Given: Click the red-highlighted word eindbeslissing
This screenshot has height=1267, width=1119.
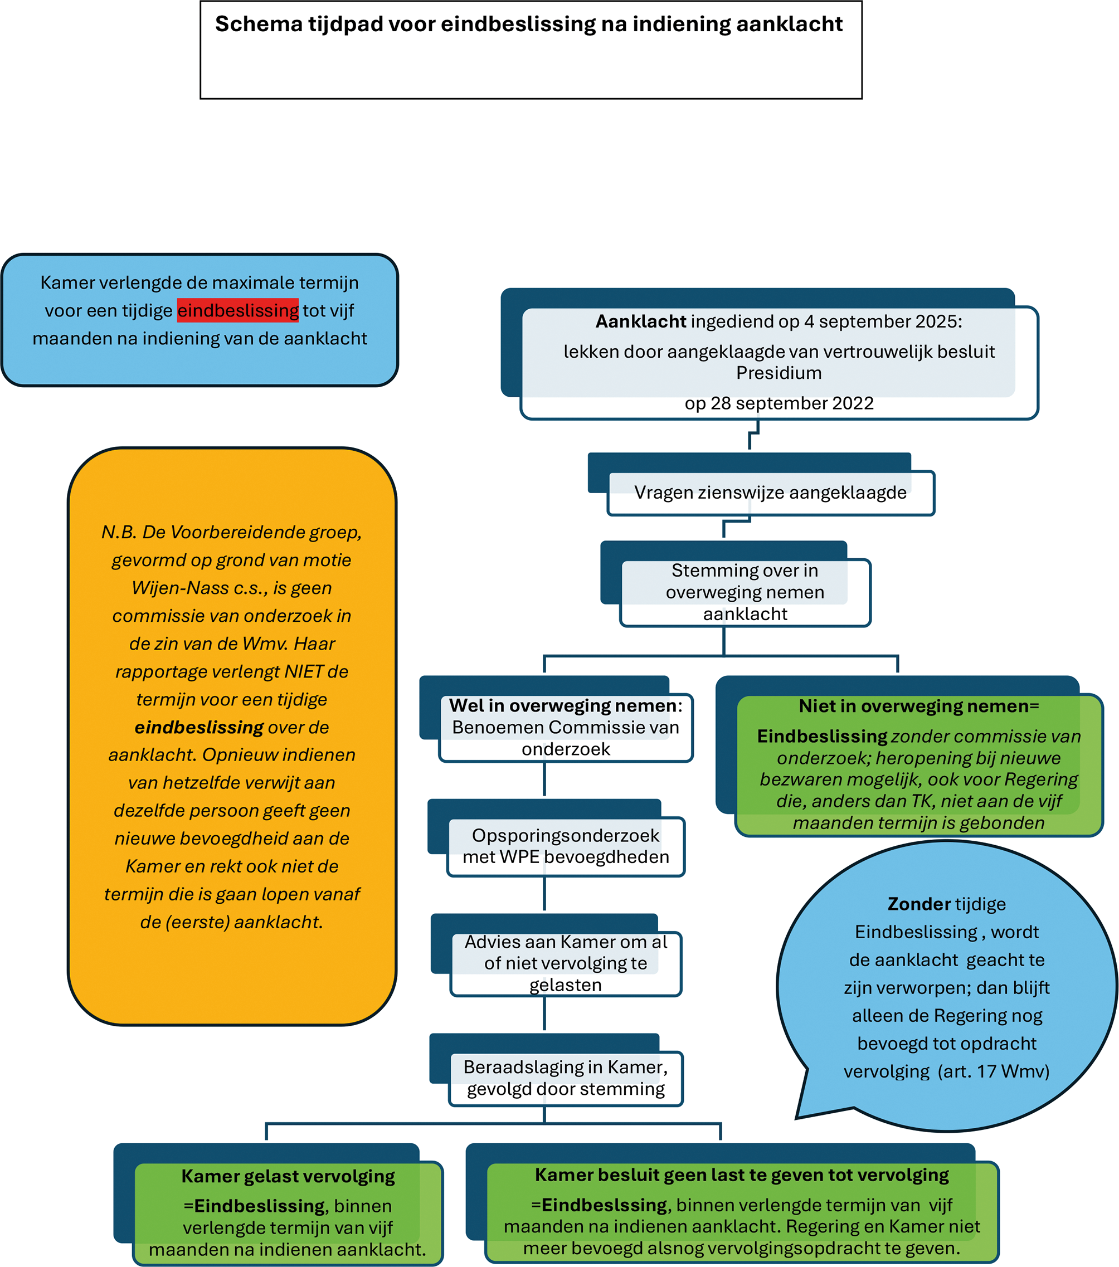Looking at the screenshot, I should [x=237, y=310].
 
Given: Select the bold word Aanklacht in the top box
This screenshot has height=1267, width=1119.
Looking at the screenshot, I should [x=640, y=321].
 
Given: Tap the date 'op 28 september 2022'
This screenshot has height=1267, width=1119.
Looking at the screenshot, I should [x=779, y=403].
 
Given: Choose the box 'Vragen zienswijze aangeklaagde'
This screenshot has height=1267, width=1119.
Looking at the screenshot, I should [x=770, y=492].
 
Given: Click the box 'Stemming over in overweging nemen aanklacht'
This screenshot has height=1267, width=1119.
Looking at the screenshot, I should [x=745, y=592].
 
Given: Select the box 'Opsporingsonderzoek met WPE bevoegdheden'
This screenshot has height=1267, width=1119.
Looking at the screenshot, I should [x=566, y=846].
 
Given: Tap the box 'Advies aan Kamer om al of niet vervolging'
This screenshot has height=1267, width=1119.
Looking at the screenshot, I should [x=566, y=963].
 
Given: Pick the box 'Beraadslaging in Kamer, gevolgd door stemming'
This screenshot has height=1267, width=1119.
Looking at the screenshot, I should [x=566, y=1078].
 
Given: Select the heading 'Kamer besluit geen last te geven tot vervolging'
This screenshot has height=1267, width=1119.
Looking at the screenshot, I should [x=742, y=1175].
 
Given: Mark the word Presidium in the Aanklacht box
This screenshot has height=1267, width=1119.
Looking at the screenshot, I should [x=779, y=373].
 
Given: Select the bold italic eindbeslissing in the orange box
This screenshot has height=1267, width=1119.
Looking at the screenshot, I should [x=199, y=727].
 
